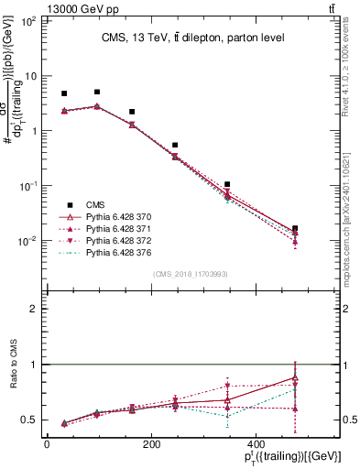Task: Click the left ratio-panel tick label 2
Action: pos(32,310)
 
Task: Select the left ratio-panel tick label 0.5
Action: pos(27,420)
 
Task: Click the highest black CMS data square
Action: pos(97,92)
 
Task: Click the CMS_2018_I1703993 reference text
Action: pos(191,274)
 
